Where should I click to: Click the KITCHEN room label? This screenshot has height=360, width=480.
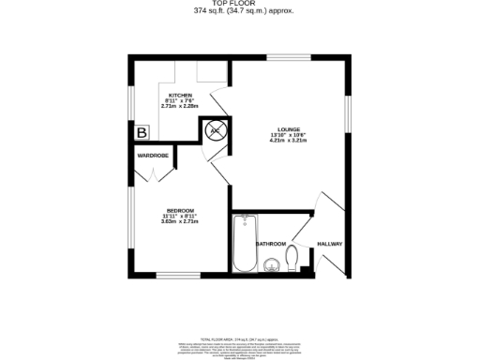coord(180,97)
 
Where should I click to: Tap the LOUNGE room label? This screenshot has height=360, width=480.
coord(288,128)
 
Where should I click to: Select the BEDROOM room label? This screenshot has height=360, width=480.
coord(180,210)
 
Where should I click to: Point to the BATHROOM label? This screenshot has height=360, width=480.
coord(271,244)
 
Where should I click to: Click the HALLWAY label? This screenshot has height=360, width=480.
coord(329,244)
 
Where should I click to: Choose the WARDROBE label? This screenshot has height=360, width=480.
coord(152,154)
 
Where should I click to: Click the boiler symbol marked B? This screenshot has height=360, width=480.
coord(142,132)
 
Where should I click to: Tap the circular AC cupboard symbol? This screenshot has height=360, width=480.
coord(215,132)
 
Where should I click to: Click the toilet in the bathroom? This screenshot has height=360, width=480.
coord(293,256)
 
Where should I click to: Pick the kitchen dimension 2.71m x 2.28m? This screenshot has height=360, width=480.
coord(180,107)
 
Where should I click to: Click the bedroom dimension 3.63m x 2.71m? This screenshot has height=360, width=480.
coord(180,221)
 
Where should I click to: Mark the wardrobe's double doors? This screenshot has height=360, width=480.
coord(152,172)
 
